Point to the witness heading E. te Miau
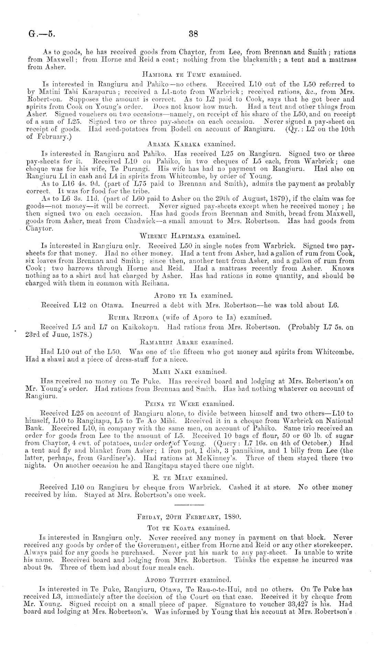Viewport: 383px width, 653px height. click(173, 478)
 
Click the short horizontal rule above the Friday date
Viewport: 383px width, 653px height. click(189, 505)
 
